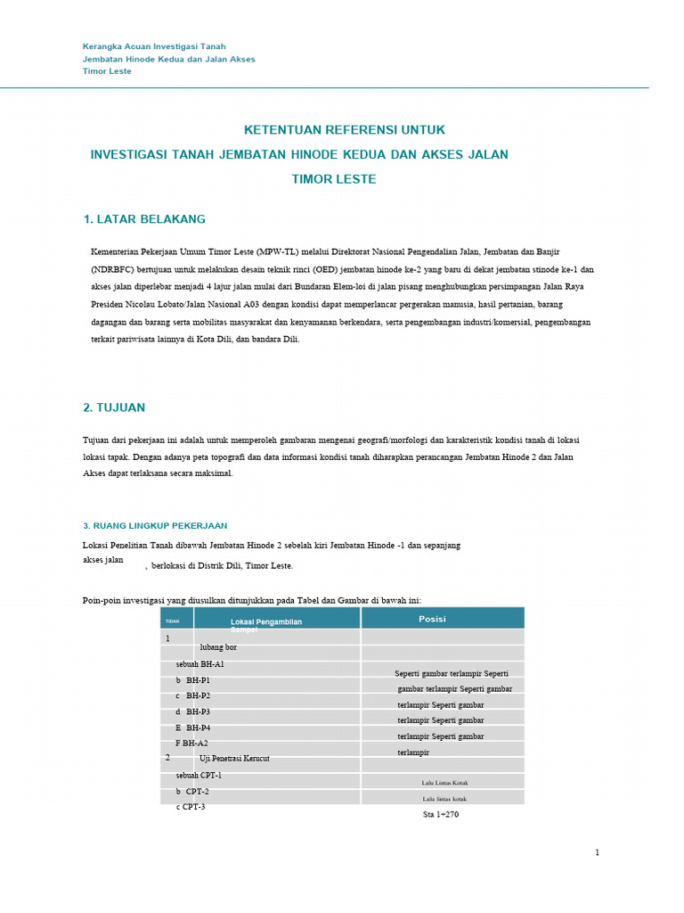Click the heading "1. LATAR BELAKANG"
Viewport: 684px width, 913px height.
click(144, 218)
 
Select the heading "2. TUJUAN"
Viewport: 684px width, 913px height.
click(114, 407)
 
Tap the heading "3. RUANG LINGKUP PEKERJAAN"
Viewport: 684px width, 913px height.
click(155, 526)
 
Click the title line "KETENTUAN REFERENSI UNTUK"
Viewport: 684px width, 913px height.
click(345, 129)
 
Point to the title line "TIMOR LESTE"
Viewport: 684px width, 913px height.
click(334, 179)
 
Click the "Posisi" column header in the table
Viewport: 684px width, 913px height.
click(432, 619)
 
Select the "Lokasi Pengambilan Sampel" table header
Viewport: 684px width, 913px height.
click(266, 623)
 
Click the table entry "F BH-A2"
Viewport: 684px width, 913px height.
click(191, 743)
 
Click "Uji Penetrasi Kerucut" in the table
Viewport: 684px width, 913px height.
click(234, 758)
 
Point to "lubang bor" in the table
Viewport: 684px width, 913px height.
click(218, 647)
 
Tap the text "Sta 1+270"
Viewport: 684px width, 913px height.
click(441, 815)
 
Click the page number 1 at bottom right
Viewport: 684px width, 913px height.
click(598, 853)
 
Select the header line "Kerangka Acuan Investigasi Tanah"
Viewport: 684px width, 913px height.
click(154, 46)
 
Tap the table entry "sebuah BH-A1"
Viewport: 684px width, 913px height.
click(199, 664)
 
